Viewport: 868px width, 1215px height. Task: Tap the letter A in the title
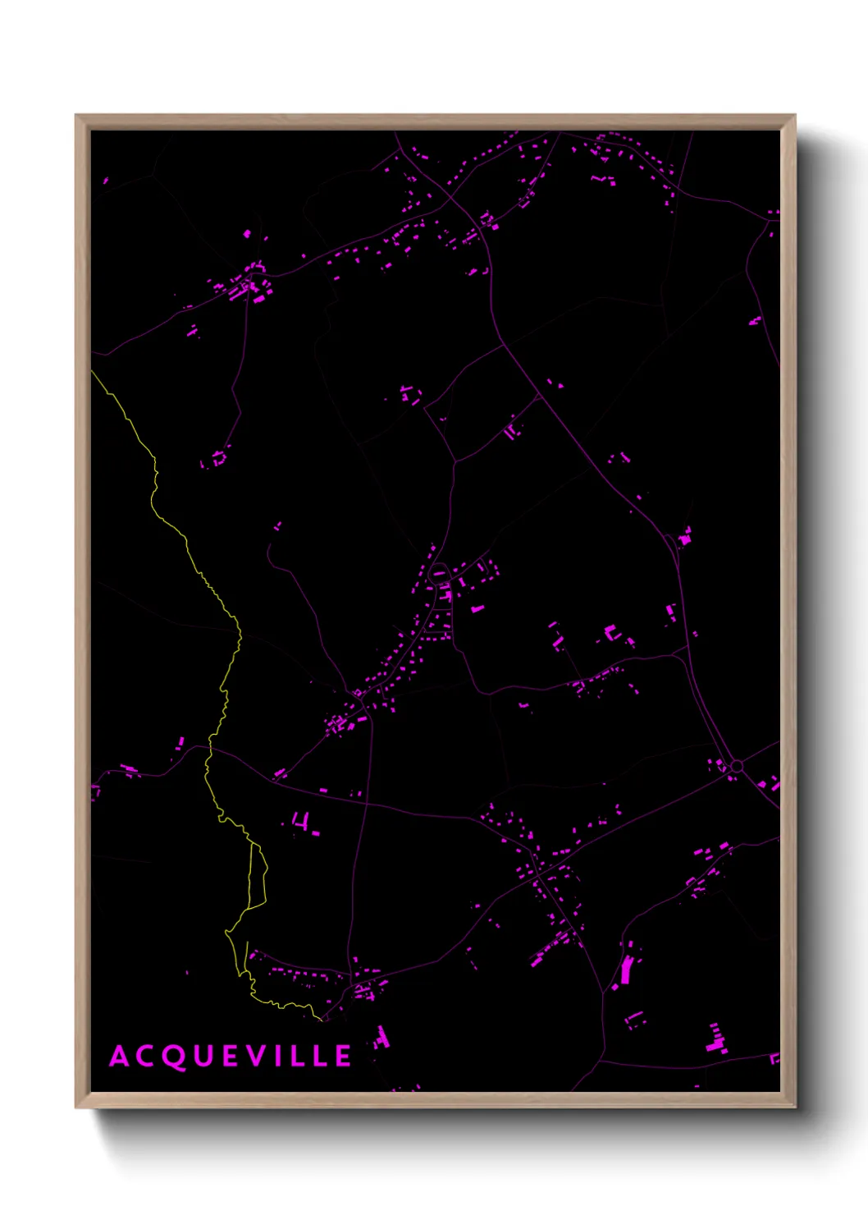(120, 1057)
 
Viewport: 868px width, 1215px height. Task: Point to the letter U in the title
(205, 1057)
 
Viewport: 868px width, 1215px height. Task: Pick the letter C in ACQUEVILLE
(147, 1057)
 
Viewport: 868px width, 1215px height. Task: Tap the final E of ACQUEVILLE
(345, 1057)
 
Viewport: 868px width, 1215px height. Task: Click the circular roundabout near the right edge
(737, 766)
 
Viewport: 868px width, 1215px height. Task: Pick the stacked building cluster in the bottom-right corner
(716, 1038)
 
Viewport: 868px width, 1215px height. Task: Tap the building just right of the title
(381, 1038)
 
